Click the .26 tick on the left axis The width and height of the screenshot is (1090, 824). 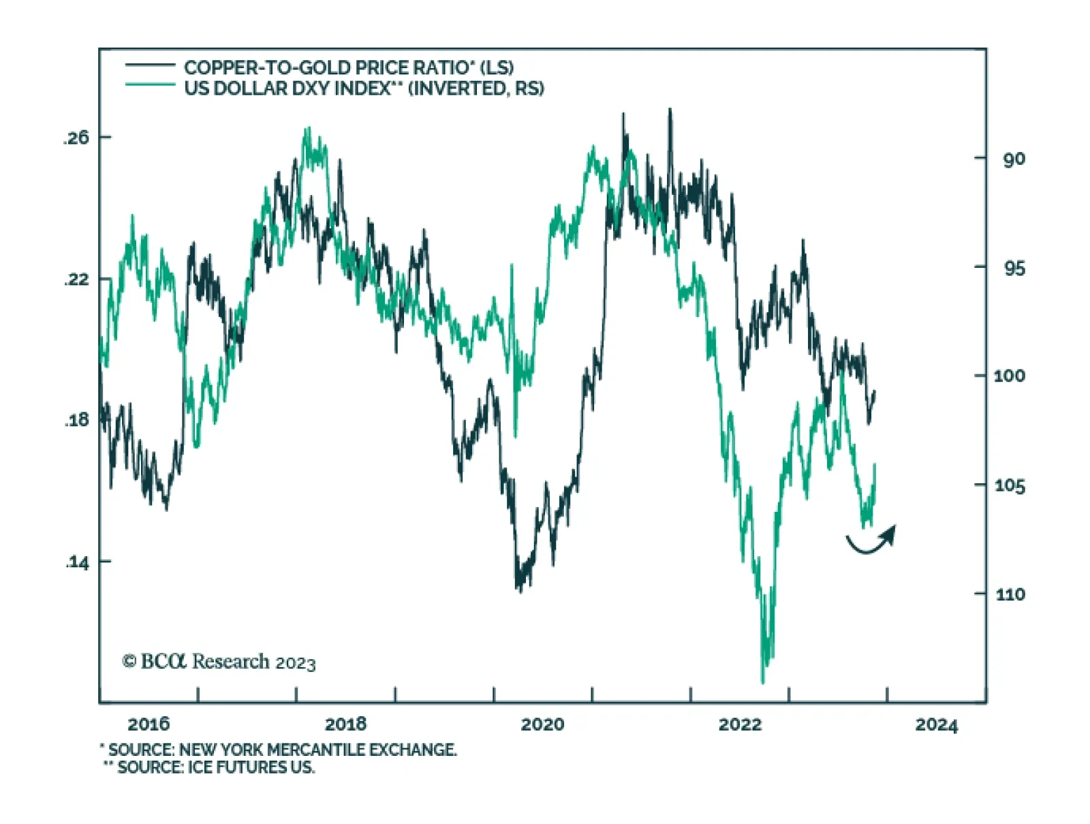pos(76,138)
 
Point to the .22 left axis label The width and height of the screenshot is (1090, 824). pos(76,279)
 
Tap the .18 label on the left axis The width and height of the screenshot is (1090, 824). pos(76,420)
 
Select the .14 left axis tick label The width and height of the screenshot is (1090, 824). pos(76,562)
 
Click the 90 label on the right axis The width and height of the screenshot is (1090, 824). pos(1013,159)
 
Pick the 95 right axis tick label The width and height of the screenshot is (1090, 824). pos(1013,269)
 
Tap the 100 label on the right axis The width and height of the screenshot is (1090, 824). pos(1009,376)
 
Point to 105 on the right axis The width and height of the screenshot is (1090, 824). pos(1009,485)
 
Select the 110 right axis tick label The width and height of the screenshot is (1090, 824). pos(1009,594)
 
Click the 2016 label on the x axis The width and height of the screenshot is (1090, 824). pos(149,724)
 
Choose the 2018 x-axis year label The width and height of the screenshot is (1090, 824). pos(345,724)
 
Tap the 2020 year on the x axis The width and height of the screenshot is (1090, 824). pos(542,724)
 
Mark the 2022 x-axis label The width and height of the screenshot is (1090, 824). pos(739,724)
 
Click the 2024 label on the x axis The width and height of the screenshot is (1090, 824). pos(936,724)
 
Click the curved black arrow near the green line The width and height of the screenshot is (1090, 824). pos(871,541)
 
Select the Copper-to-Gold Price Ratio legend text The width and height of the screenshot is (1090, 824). pos(348,67)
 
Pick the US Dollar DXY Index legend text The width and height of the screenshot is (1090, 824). pos(364,89)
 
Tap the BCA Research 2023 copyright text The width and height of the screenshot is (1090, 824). pos(219,662)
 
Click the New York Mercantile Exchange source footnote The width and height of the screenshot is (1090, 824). pos(279,750)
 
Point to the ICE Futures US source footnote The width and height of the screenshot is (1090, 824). pos(210,767)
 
